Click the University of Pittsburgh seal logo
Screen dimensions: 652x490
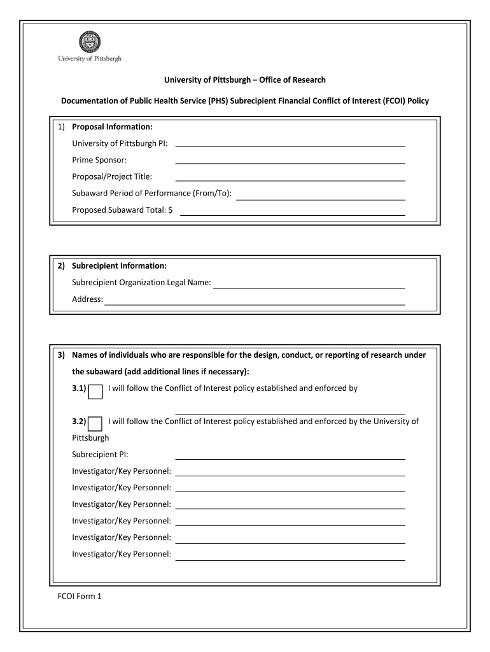pos(89,42)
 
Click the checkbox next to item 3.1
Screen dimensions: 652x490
pos(95,392)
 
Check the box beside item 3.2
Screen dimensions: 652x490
pos(95,423)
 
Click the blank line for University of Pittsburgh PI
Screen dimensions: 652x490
pos(290,144)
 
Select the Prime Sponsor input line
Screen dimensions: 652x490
pos(290,161)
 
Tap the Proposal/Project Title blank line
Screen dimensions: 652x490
pos(290,178)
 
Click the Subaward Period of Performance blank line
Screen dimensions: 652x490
pos(320,197)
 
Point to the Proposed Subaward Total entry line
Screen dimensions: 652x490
pos(293,213)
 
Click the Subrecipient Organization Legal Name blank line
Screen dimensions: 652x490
pos(309,286)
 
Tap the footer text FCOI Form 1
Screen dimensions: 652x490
pos(80,597)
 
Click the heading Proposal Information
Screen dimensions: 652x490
pos(112,127)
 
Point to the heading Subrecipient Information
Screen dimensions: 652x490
pos(119,266)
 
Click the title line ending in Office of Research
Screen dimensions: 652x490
pos(245,80)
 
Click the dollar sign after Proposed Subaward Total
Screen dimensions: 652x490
pos(171,210)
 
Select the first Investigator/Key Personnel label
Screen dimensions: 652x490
pos(121,471)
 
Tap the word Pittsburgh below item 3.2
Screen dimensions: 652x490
pos(90,438)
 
